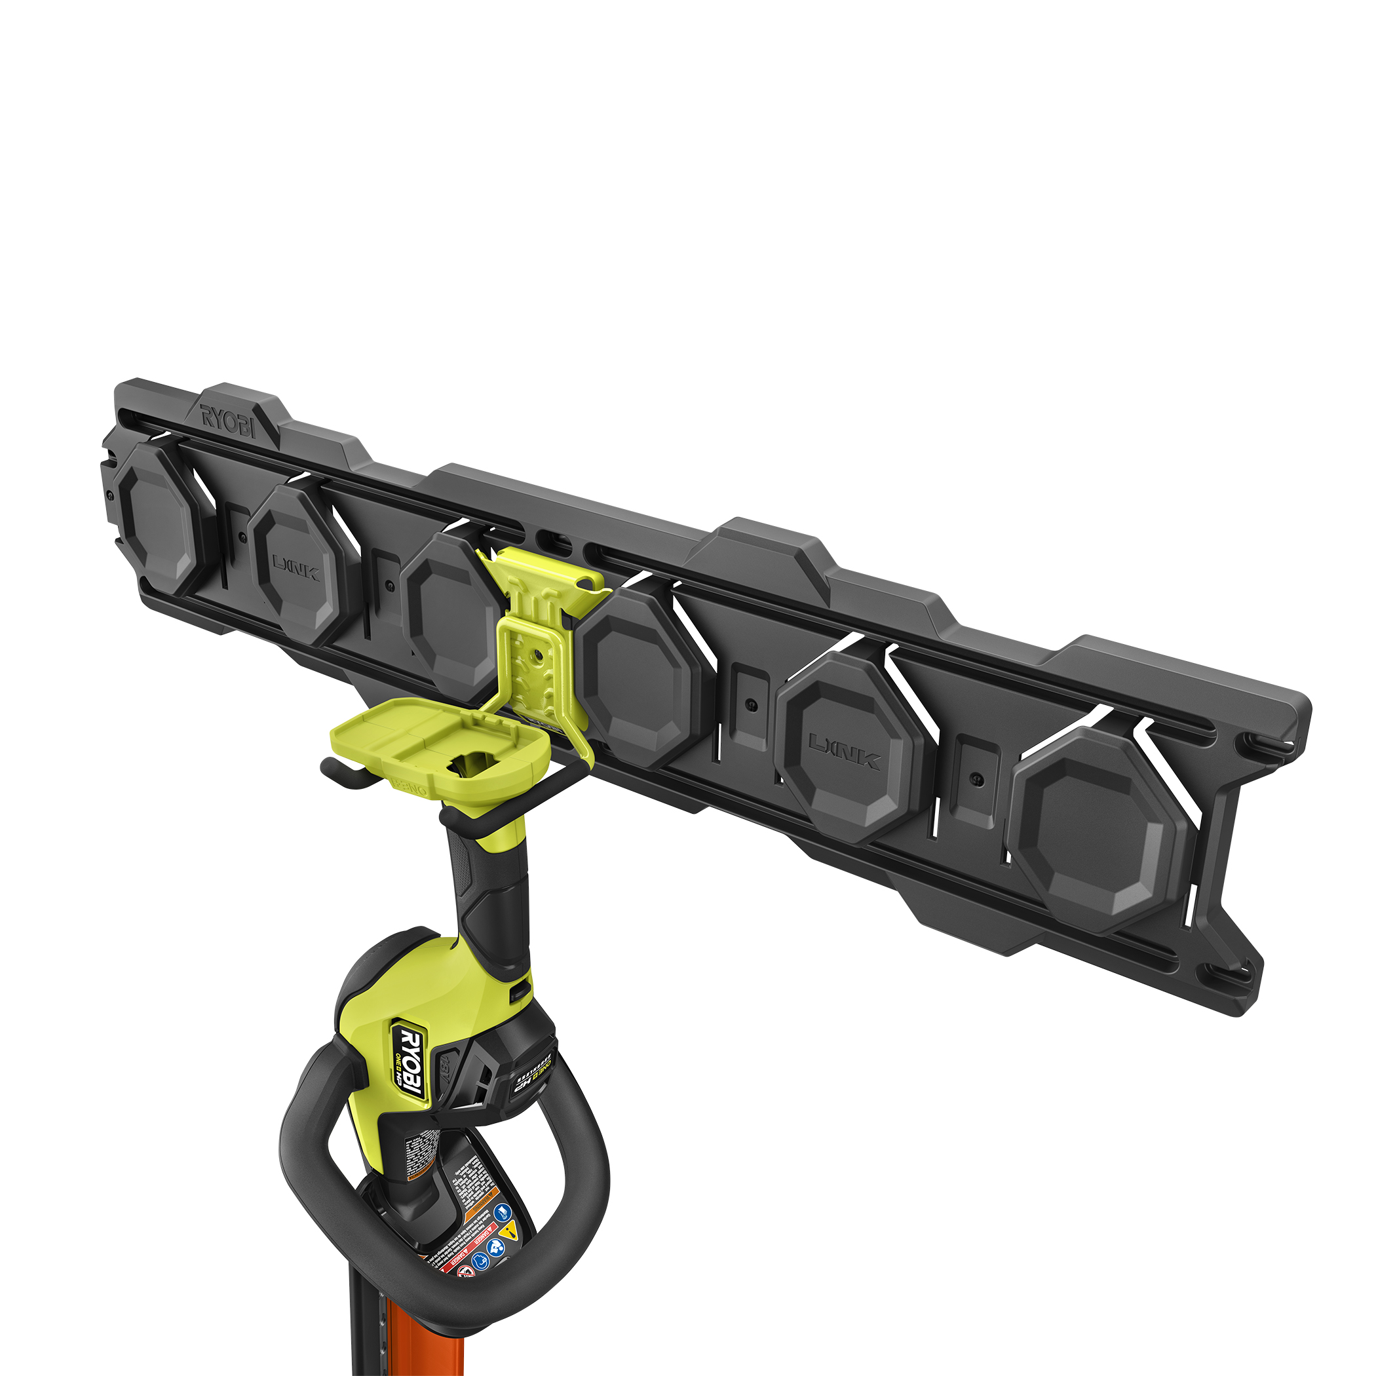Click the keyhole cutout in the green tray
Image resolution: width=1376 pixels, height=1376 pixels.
pos(474,765)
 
